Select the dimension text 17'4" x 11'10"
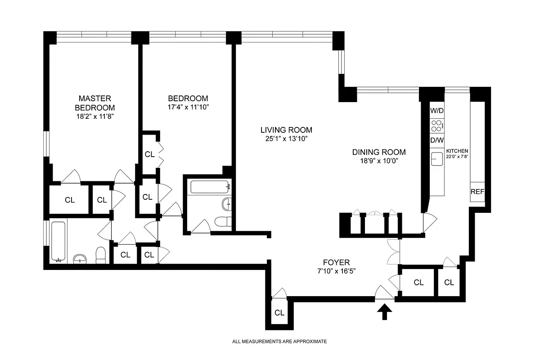point(188,108)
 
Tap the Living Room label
point(286,130)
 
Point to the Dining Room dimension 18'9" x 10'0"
point(378,161)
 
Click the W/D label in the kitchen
point(437,110)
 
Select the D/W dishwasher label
point(437,140)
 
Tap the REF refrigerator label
point(477,191)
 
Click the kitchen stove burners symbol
point(437,125)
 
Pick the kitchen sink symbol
point(437,159)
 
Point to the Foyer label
point(336,262)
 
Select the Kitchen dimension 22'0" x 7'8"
point(457,154)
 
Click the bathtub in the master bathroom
point(58,241)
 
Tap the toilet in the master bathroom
point(101,255)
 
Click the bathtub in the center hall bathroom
point(210,186)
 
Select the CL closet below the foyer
point(279,313)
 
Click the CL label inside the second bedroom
point(149,154)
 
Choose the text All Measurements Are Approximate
point(279,342)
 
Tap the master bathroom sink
point(81,258)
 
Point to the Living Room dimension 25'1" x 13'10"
point(286,139)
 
